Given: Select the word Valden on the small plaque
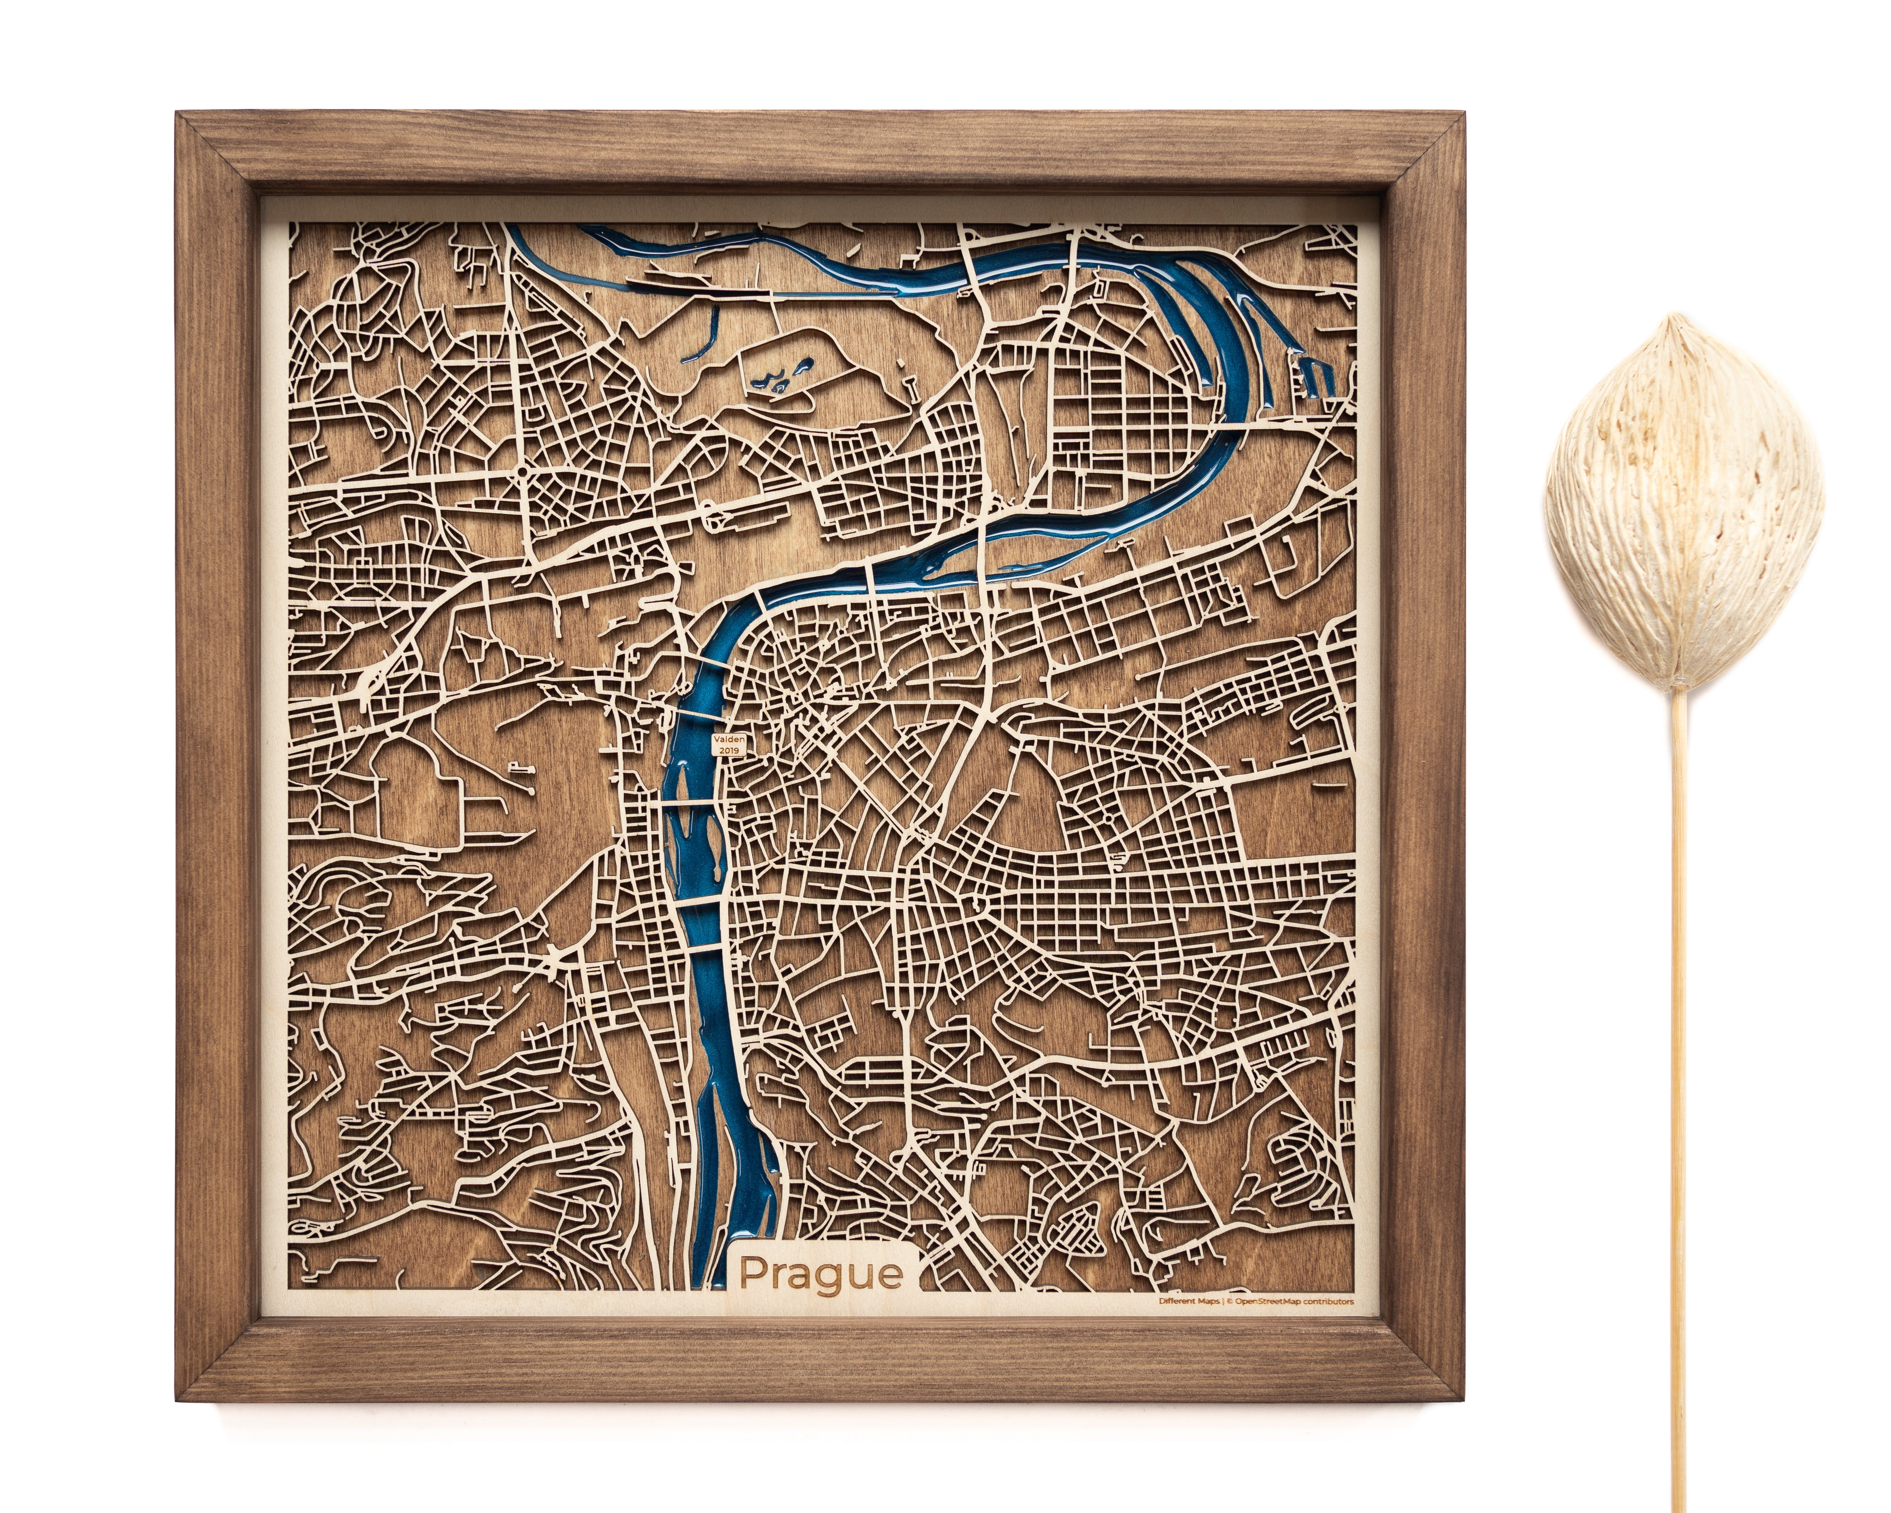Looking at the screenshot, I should pyautogui.click(x=729, y=740).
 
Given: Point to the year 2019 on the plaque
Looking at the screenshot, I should pyautogui.click(x=729, y=751).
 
